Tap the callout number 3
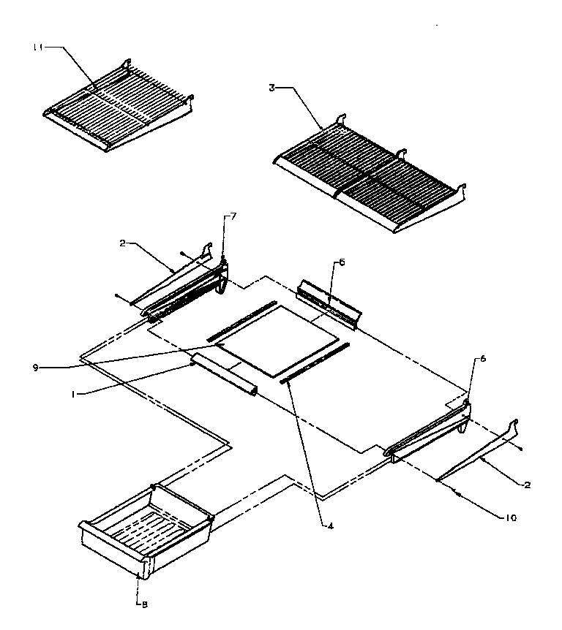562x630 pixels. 271,88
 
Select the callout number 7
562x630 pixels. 233,216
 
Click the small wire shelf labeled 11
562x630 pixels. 117,106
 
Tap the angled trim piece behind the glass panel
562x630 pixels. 329,300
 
